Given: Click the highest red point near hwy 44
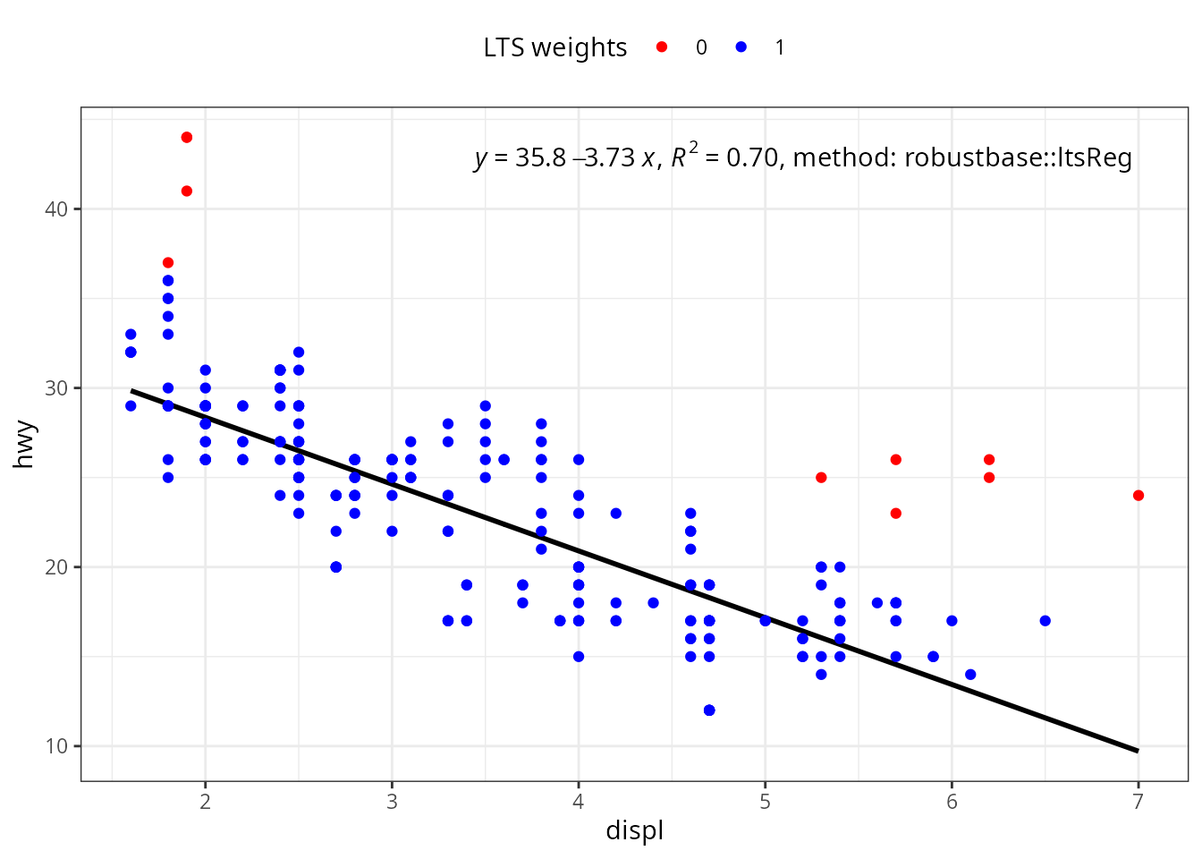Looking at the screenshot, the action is tap(187, 138).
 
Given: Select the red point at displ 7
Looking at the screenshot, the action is tap(1139, 496).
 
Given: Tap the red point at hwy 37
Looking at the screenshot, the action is tap(168, 262).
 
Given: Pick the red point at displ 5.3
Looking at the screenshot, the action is tap(821, 477).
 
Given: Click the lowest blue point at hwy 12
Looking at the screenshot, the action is tap(709, 710).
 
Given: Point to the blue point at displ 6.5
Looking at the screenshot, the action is tap(1045, 621).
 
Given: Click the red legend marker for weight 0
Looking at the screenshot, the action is tap(662, 47).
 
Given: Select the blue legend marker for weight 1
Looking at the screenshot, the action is tap(741, 47).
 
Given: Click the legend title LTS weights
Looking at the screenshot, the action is tap(554, 47).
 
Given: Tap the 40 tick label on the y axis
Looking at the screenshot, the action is tap(56, 208).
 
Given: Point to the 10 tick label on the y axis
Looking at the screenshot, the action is tap(56, 746).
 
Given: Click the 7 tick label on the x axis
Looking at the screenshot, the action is tap(1139, 802).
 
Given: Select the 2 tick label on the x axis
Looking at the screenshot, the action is tap(205, 802).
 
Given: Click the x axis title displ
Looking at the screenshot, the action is tap(635, 830).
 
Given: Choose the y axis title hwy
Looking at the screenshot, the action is tap(25, 444).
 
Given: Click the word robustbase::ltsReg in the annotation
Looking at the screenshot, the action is tap(1018, 157).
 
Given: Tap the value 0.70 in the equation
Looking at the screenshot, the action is tap(752, 157).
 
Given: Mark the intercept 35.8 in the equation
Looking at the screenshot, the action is tap(540, 157).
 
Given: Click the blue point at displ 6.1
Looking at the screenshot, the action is tap(970, 675).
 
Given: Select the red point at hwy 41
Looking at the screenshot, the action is tap(187, 191).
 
